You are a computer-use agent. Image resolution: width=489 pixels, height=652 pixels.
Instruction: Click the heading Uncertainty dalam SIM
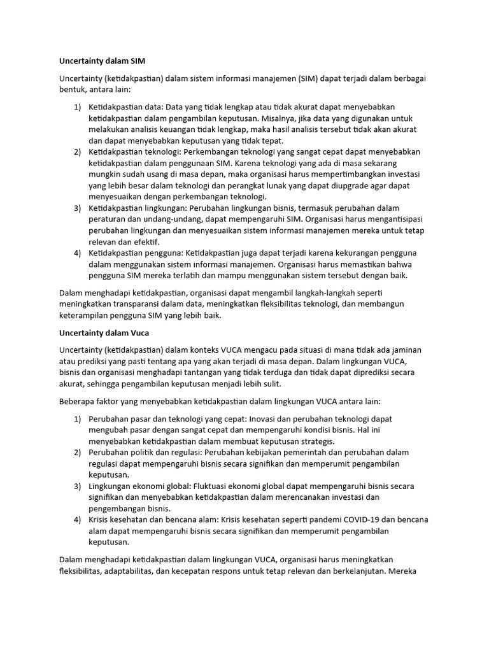point(102,61)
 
